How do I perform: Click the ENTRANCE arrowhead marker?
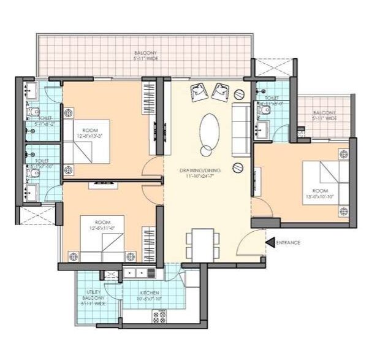270,243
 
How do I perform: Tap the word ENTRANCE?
288,243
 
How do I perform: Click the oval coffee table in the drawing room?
209,130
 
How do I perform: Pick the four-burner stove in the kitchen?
160,316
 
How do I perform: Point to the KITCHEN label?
150,293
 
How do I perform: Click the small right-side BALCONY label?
324,115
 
